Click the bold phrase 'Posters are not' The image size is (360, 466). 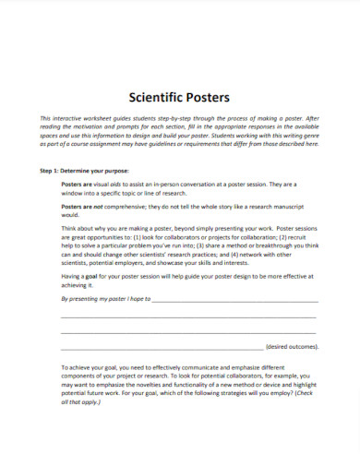pyautogui.click(x=82, y=184)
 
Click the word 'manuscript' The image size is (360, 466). pyautogui.click(x=294, y=184)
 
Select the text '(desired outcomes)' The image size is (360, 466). pyautogui.click(x=293, y=347)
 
